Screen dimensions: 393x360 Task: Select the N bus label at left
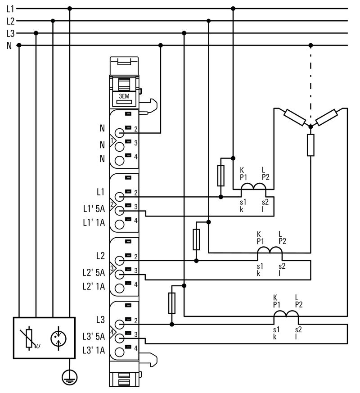coord(9,45)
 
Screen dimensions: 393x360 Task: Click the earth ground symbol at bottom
coord(69,377)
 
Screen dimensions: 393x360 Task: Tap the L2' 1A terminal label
coord(94,286)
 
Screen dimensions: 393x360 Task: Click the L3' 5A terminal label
coord(94,336)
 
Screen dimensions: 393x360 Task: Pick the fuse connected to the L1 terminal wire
coord(220,176)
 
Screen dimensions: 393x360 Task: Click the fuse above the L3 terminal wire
coord(172,303)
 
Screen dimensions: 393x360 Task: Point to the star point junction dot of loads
coord(310,127)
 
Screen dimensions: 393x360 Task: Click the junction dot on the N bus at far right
coord(310,45)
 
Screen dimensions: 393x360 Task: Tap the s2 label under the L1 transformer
coord(265,203)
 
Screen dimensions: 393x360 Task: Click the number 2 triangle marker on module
coord(112,204)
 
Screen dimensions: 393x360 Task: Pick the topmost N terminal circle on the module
coord(119,133)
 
